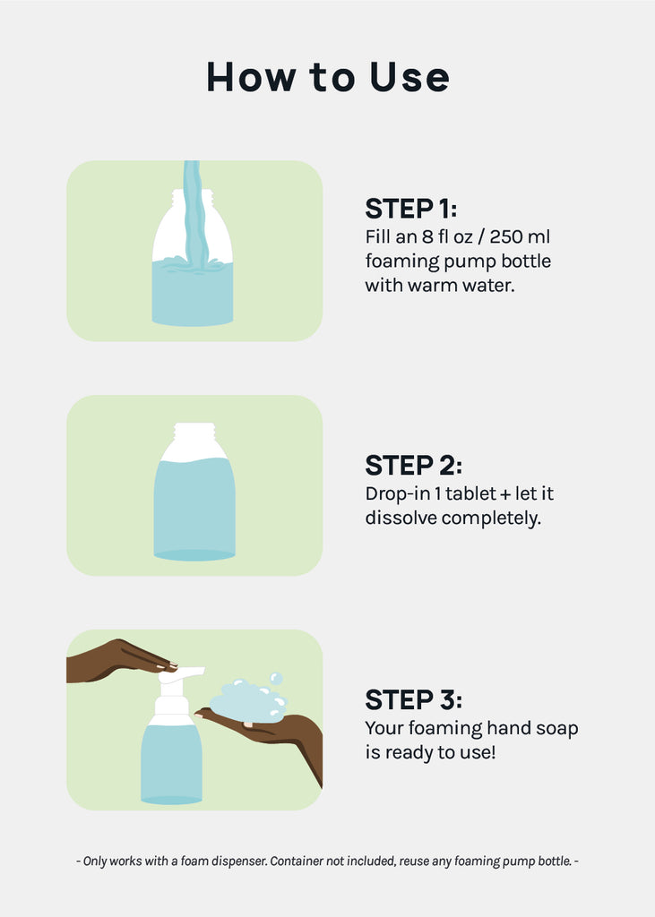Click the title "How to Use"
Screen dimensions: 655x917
point(328,77)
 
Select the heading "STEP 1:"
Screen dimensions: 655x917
point(411,209)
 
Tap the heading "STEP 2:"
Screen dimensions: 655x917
point(413,466)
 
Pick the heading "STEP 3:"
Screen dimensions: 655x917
point(413,700)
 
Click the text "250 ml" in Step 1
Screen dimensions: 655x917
point(520,236)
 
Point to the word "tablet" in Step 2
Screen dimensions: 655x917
point(471,493)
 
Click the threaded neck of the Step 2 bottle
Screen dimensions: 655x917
point(194,432)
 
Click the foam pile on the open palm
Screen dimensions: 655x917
point(248,702)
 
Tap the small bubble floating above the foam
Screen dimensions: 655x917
point(276,679)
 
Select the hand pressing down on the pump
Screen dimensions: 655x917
point(120,660)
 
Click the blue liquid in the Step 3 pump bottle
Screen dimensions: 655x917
point(171,763)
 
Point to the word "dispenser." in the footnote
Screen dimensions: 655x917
point(239,861)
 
